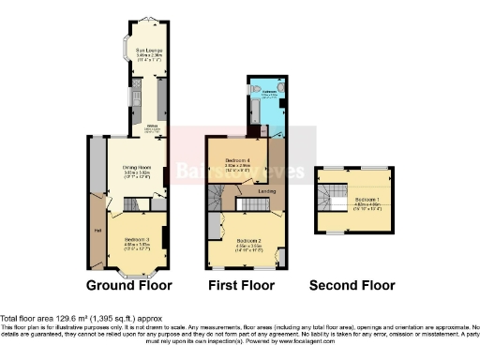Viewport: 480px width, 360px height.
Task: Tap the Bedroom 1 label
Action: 367,200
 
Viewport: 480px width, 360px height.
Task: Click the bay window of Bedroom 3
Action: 137,272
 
